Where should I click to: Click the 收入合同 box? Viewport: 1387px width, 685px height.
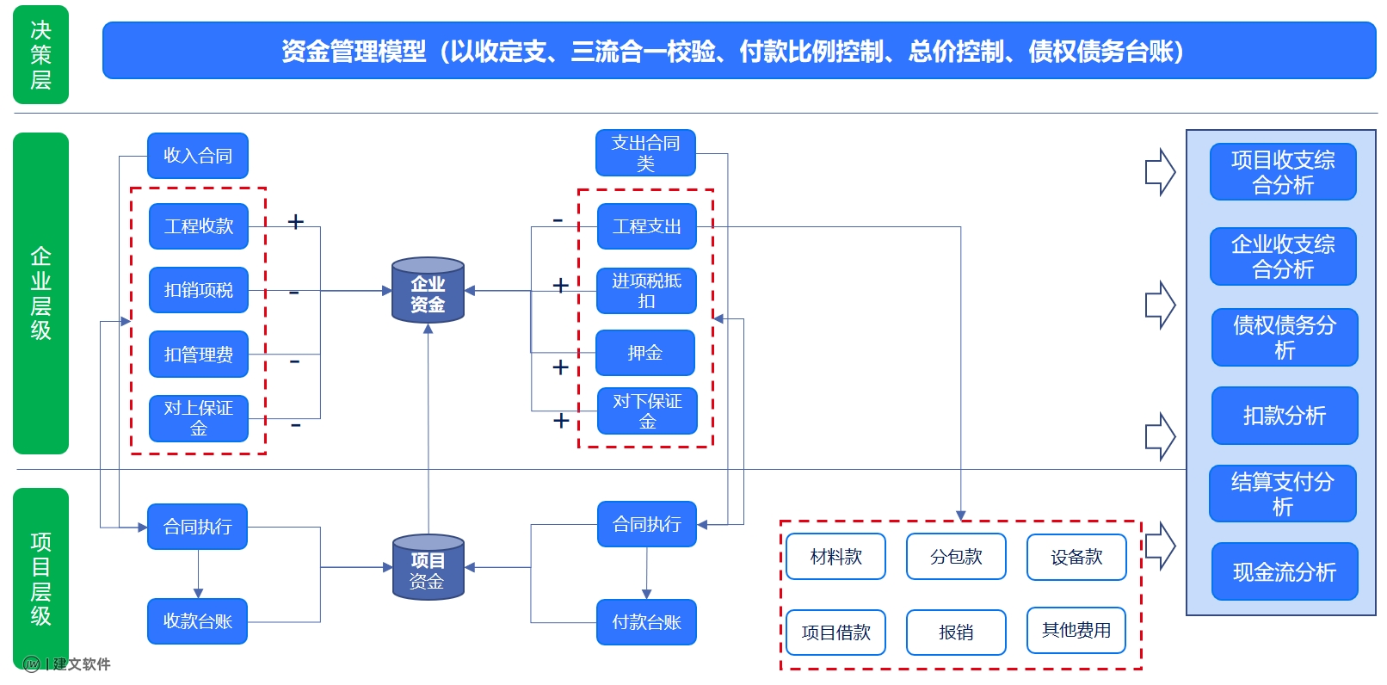(x=198, y=156)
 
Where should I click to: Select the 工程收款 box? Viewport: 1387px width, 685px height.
(x=199, y=226)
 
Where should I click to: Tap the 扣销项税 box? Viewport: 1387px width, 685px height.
(x=199, y=290)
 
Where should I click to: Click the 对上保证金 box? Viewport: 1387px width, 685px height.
(x=199, y=418)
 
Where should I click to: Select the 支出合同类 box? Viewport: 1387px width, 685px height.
(x=645, y=153)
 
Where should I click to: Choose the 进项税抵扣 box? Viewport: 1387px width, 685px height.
(x=646, y=291)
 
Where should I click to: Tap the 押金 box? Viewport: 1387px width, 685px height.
(x=645, y=353)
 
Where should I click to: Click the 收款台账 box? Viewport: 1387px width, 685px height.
(x=198, y=621)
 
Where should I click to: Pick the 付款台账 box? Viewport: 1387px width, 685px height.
(x=646, y=622)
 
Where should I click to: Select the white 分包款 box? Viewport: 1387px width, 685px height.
(x=956, y=557)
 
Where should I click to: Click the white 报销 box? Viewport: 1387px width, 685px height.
(x=956, y=633)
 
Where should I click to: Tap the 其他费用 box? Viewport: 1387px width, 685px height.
(x=1076, y=631)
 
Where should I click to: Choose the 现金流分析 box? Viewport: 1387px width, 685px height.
(x=1284, y=572)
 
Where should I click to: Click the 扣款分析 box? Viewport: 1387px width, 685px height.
(x=1284, y=416)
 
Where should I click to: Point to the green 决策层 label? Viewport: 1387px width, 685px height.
(x=40, y=55)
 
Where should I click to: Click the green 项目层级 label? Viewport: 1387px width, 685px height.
(x=40, y=578)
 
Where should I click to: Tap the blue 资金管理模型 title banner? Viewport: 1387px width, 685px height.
(x=738, y=52)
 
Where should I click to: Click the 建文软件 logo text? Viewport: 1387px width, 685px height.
(x=81, y=664)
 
